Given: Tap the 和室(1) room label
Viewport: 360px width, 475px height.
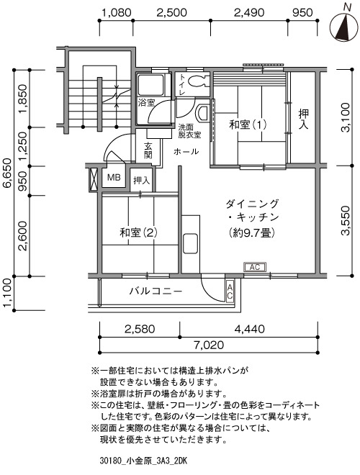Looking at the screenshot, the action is tap(248, 125).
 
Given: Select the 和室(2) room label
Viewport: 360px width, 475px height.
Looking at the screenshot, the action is tap(138, 232).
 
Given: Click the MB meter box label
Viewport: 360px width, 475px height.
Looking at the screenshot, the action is tap(114, 177).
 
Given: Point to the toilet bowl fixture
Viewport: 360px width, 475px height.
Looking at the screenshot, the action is tap(197, 81).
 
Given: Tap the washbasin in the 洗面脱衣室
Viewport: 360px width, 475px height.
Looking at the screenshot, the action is tap(202, 113).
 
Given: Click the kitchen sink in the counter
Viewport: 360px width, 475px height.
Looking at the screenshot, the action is tap(190, 243).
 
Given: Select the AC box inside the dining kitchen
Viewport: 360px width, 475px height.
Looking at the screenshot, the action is tap(255, 267).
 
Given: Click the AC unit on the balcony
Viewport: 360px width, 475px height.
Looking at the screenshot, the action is tap(230, 291).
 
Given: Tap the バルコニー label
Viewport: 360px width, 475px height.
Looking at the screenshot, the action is tap(156, 291).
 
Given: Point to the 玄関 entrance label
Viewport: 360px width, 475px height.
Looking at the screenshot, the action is tap(148, 150).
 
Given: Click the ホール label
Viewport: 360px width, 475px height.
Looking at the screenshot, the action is tap(186, 151).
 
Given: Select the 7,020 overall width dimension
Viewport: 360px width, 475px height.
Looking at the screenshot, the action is tap(209, 345).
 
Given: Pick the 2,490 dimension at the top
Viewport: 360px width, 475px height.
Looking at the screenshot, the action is tap(249, 13).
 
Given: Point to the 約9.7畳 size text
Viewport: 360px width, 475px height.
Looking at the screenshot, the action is tap(252, 232).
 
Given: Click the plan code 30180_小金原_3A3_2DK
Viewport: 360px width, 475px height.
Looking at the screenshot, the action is tap(143, 461).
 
